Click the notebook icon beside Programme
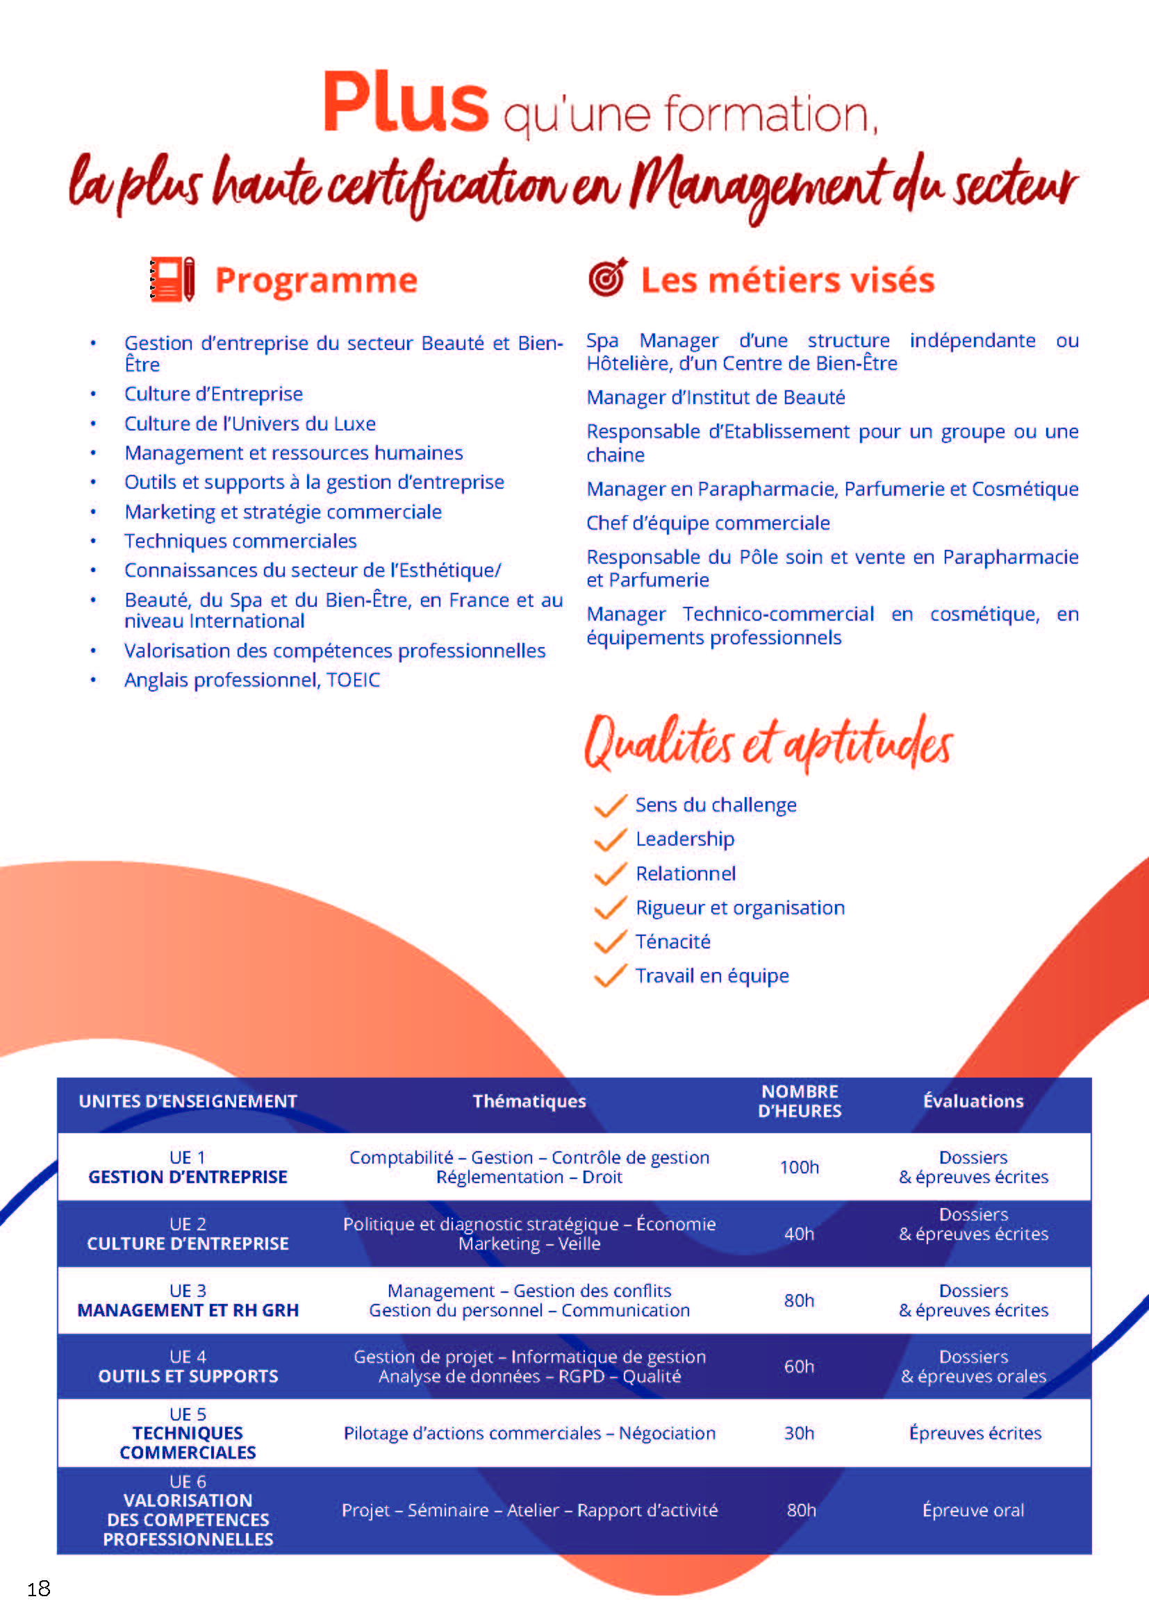click(172, 280)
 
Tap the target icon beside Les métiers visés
click(607, 277)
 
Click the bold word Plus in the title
click(405, 103)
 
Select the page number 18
click(39, 1589)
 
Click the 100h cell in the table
click(799, 1167)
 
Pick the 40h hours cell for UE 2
click(799, 1234)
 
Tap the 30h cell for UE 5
click(799, 1433)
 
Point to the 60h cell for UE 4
click(799, 1366)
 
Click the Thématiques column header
click(529, 1101)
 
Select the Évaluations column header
click(973, 1101)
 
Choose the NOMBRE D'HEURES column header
click(800, 1101)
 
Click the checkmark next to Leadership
click(610, 839)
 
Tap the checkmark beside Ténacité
click(610, 942)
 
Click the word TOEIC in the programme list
click(353, 680)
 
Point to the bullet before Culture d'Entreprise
click(93, 394)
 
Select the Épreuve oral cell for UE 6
click(973, 1510)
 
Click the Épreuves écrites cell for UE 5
click(974, 1433)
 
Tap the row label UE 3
click(188, 1291)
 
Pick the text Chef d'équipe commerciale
click(707, 524)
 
